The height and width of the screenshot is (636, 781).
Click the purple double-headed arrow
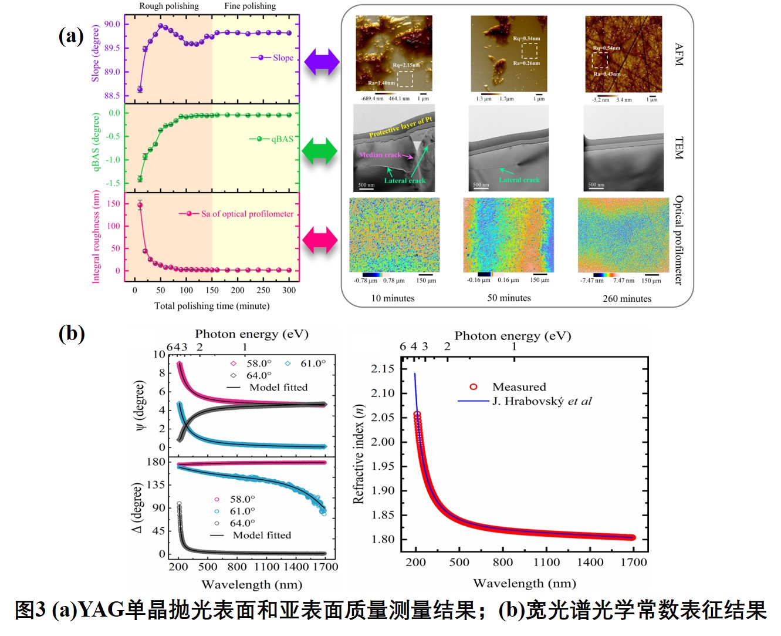point(321,62)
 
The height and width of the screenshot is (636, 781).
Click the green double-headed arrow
point(320,151)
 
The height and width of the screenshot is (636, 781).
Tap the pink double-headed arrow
point(320,240)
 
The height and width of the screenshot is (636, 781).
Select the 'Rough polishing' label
point(168,6)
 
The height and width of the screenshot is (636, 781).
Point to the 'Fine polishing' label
point(250,6)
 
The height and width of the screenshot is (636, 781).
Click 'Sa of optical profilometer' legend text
point(247,214)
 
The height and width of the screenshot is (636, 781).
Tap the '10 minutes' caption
point(393,298)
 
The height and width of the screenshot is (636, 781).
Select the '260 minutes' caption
point(627,299)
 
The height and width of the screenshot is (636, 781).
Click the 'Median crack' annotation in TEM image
point(380,155)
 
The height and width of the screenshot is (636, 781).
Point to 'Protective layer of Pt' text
point(401,127)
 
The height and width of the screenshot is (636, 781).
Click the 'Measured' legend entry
point(519,387)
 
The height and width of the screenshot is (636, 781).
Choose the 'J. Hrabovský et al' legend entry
point(542,402)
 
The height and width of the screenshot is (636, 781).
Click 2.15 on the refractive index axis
point(383,369)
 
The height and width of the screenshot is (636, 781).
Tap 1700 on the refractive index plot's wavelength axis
point(633,563)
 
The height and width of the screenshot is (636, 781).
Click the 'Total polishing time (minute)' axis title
point(212,306)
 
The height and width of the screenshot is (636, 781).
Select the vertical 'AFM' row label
point(678,54)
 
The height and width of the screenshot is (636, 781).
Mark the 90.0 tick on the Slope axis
point(112,24)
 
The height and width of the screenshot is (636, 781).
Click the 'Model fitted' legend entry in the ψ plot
point(278,388)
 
